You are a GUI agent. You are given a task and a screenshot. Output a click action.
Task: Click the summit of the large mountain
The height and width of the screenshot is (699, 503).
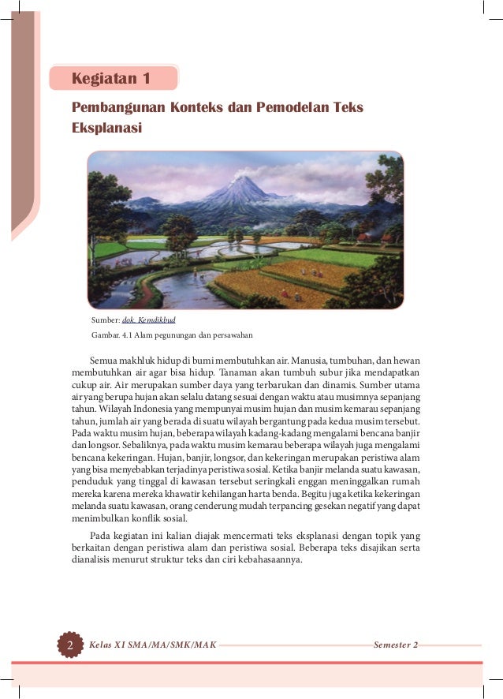point(240,180)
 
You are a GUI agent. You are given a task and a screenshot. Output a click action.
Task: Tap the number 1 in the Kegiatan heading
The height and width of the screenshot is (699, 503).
point(146,79)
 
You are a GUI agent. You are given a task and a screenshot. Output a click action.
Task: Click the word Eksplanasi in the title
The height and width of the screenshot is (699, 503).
point(107,126)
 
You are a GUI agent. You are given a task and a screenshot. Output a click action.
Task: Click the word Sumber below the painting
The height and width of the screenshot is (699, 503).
point(105,320)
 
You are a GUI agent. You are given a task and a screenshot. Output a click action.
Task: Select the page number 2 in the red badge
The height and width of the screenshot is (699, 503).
point(69,645)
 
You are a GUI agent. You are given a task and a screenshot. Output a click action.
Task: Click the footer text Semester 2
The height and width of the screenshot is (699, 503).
point(396,645)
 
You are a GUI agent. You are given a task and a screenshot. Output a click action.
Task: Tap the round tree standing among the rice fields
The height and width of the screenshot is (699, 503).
point(180,231)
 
